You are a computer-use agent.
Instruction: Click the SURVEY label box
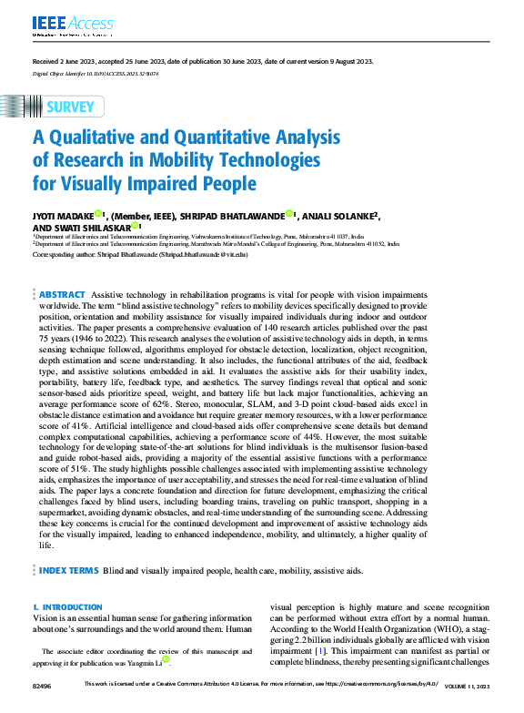(68, 107)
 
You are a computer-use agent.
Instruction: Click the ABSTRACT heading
(62, 296)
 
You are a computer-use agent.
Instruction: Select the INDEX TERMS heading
(68, 570)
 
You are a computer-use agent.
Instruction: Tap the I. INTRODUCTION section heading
(67, 606)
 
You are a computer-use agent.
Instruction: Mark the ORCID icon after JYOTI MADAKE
(99, 214)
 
